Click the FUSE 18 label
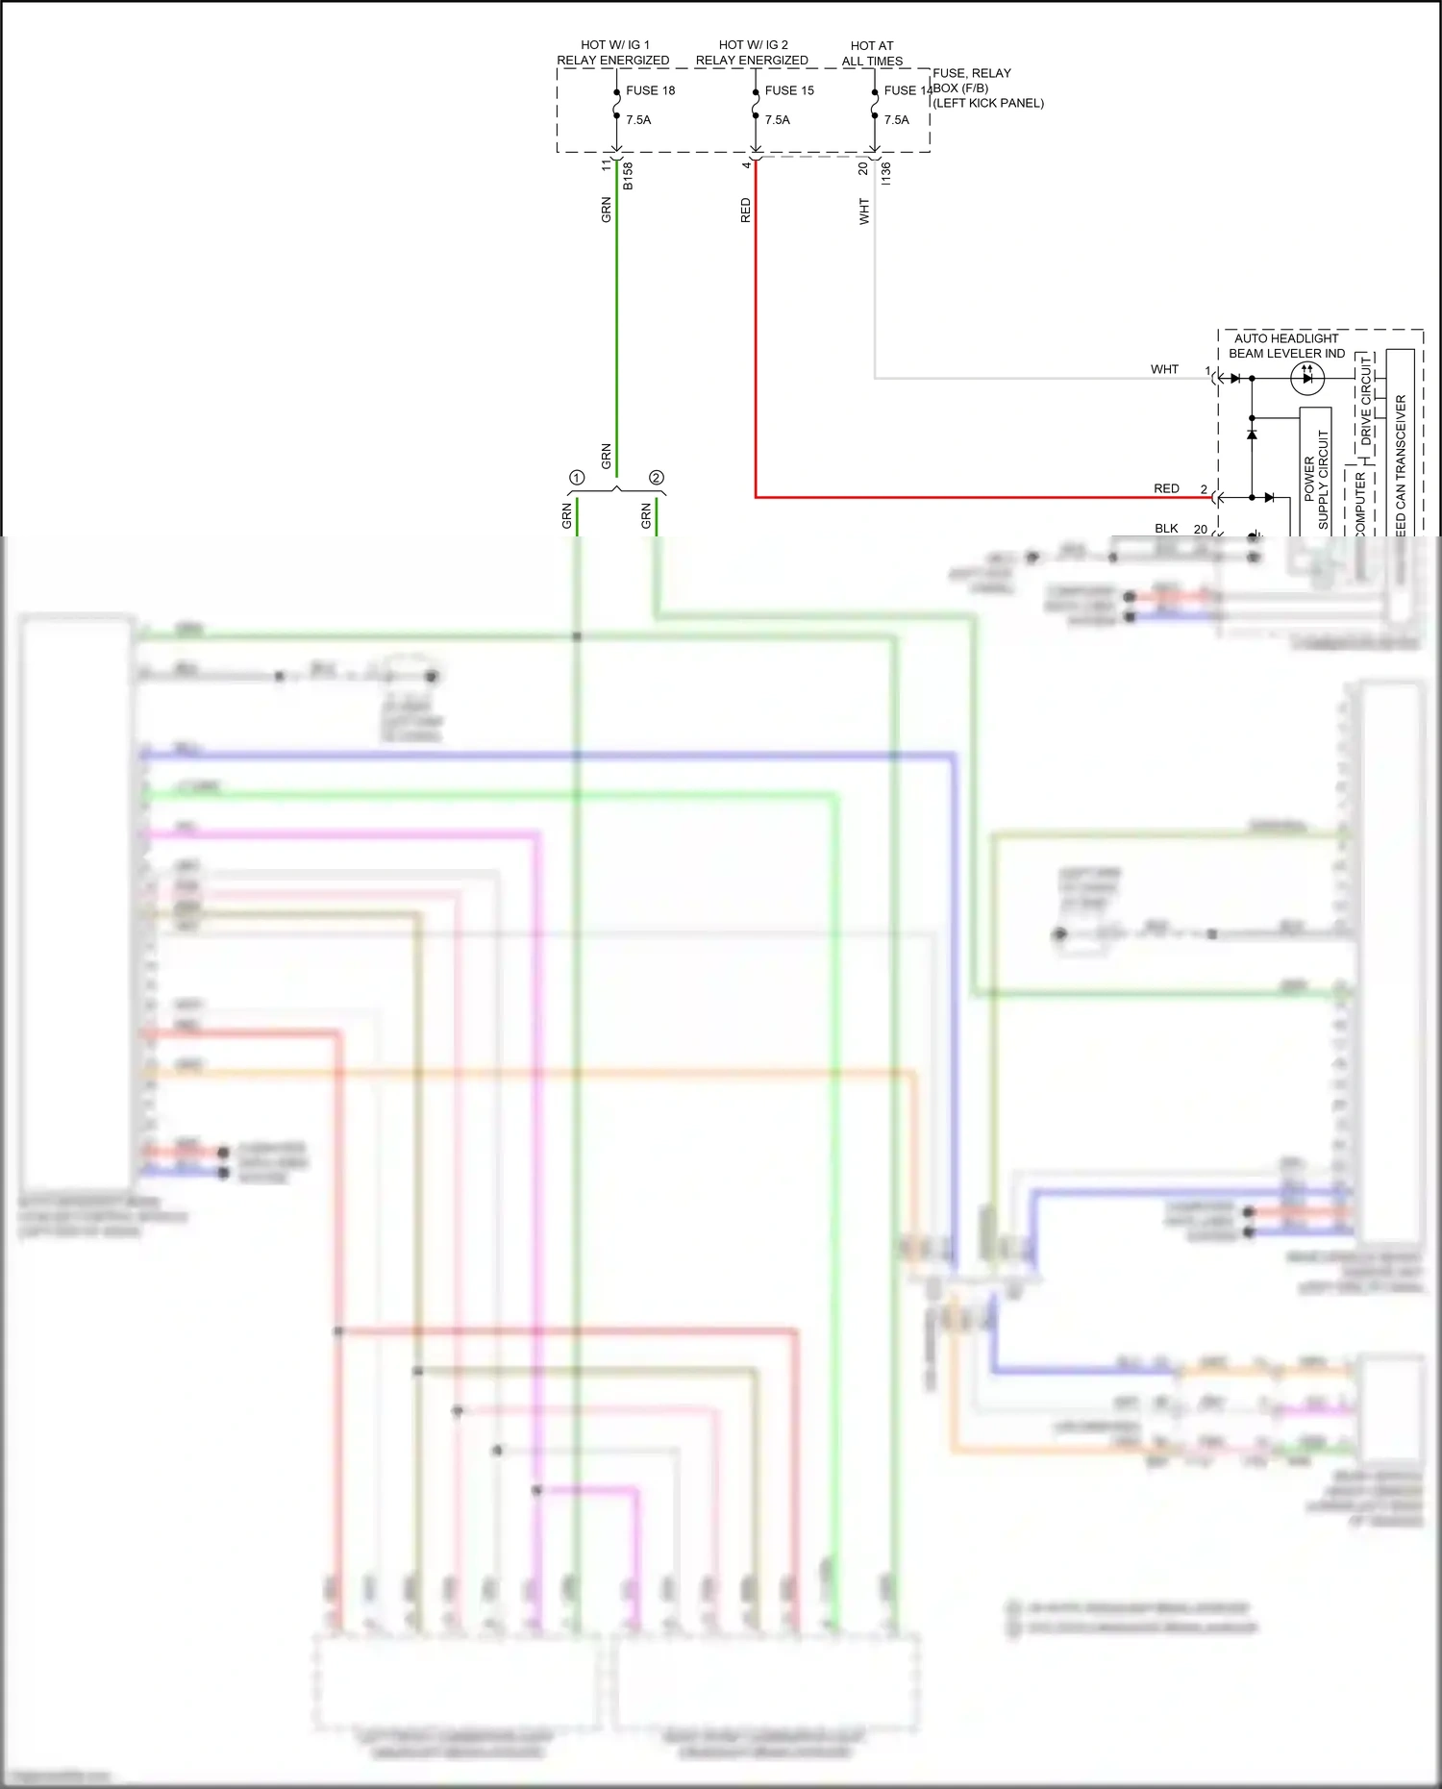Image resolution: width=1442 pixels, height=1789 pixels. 650,90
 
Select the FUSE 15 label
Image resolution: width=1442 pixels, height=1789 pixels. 789,90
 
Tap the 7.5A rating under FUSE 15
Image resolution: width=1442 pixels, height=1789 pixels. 777,120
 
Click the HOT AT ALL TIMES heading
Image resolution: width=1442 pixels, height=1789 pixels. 872,53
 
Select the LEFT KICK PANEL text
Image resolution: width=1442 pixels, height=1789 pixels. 988,103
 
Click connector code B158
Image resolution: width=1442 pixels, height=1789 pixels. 628,175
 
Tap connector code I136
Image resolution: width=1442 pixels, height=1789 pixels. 885,173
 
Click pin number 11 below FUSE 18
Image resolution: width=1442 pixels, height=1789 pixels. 606,165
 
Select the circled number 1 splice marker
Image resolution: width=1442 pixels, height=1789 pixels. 577,478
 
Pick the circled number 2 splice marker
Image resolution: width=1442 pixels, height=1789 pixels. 657,478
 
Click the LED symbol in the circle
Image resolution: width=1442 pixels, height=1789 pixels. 1306,378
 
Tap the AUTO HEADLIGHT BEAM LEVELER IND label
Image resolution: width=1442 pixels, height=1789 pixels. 1286,346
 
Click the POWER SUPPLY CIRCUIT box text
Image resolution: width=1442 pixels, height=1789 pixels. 1316,479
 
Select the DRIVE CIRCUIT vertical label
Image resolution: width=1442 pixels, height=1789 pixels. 1366,401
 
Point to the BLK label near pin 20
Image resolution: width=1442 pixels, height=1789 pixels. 1166,528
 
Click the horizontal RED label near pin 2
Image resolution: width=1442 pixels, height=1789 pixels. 1166,488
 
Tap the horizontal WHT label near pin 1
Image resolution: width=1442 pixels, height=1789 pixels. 1164,369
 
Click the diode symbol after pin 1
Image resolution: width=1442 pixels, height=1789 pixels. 1235,378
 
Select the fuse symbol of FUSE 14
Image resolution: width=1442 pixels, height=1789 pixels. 874,104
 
